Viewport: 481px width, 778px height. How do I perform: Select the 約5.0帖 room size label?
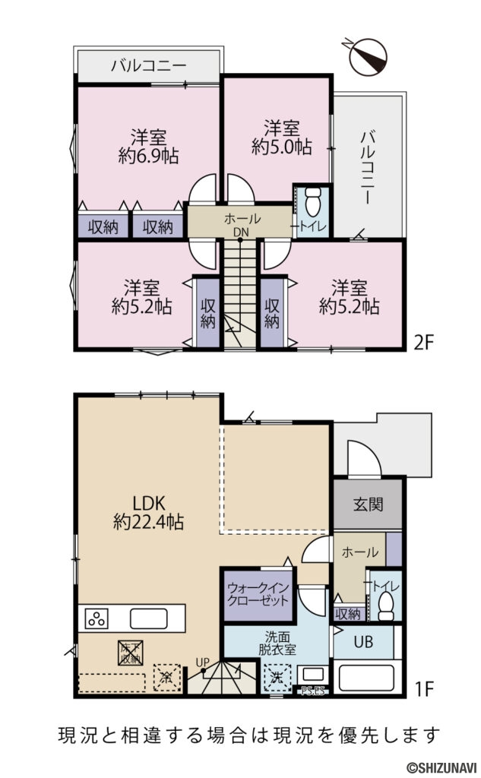coord(281,147)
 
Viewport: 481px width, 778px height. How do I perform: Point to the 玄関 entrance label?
coord(367,504)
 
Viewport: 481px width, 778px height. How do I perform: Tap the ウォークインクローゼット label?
coord(258,593)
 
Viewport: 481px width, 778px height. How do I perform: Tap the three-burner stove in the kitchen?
coord(98,618)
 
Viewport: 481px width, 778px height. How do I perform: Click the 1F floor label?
coord(423,689)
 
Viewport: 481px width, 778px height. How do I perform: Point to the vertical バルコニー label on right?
coord(369,166)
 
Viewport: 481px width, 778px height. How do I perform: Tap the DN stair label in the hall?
coord(240,232)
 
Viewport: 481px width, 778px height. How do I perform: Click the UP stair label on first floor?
coord(201,663)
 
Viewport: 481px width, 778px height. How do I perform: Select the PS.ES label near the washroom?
coord(312,691)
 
